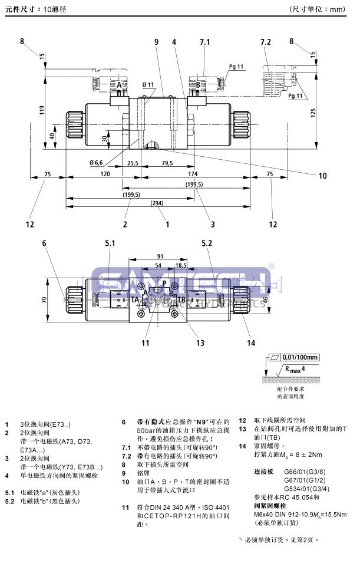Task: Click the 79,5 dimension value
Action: [x=167, y=163]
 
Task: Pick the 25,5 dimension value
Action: [x=133, y=163]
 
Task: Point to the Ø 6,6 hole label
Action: [x=97, y=162]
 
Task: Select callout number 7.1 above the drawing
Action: [x=205, y=41]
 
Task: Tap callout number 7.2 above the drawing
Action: [x=265, y=41]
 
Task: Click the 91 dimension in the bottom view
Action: [x=160, y=256]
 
